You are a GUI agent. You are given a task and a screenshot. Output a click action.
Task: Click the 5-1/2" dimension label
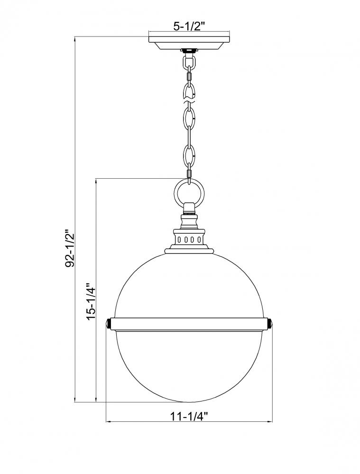189,26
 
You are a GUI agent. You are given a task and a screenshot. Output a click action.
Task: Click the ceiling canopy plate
189,43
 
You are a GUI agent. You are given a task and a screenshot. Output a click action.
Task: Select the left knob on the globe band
109,324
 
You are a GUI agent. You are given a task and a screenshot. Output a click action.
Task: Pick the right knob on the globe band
270,324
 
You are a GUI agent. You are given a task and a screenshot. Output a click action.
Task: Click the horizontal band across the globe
189,324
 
